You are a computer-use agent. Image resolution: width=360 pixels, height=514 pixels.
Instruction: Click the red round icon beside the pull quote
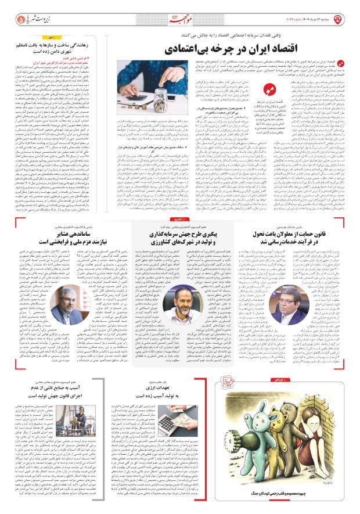pyautogui.click(x=268, y=88)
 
